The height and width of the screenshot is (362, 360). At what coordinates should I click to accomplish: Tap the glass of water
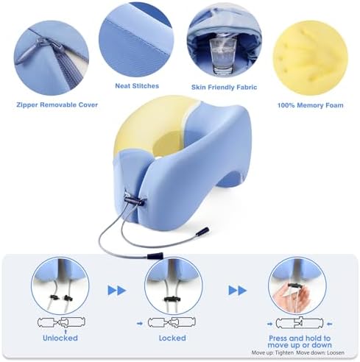pyautogui.click(x=223, y=56)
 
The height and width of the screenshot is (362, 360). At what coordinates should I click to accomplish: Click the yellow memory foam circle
pyautogui.click(x=310, y=58)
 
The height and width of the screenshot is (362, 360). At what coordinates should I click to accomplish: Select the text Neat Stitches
pyautogui.click(x=137, y=86)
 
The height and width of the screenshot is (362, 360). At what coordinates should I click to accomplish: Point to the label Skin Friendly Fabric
pyautogui.click(x=224, y=87)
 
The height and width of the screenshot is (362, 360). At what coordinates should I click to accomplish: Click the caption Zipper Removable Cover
pyautogui.click(x=57, y=104)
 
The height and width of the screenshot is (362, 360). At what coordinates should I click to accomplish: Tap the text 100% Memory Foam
pyautogui.click(x=310, y=105)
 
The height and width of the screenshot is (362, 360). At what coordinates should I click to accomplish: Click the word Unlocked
pyautogui.click(x=60, y=338)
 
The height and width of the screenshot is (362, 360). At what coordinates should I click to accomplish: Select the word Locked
pyautogui.click(x=172, y=338)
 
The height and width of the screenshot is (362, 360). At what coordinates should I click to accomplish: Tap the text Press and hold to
pyautogui.click(x=300, y=338)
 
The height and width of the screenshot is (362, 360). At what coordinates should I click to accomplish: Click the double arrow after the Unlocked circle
pyautogui.click(x=117, y=291)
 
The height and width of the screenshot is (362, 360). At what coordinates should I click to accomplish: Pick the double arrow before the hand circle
pyautogui.click(x=238, y=290)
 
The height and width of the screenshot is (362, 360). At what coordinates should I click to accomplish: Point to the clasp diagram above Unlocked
pyautogui.click(x=61, y=322)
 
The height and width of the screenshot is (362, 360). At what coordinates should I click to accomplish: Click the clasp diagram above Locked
pyautogui.click(x=172, y=322)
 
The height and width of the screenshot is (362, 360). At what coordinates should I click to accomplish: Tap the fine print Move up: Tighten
pyautogui.click(x=272, y=352)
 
